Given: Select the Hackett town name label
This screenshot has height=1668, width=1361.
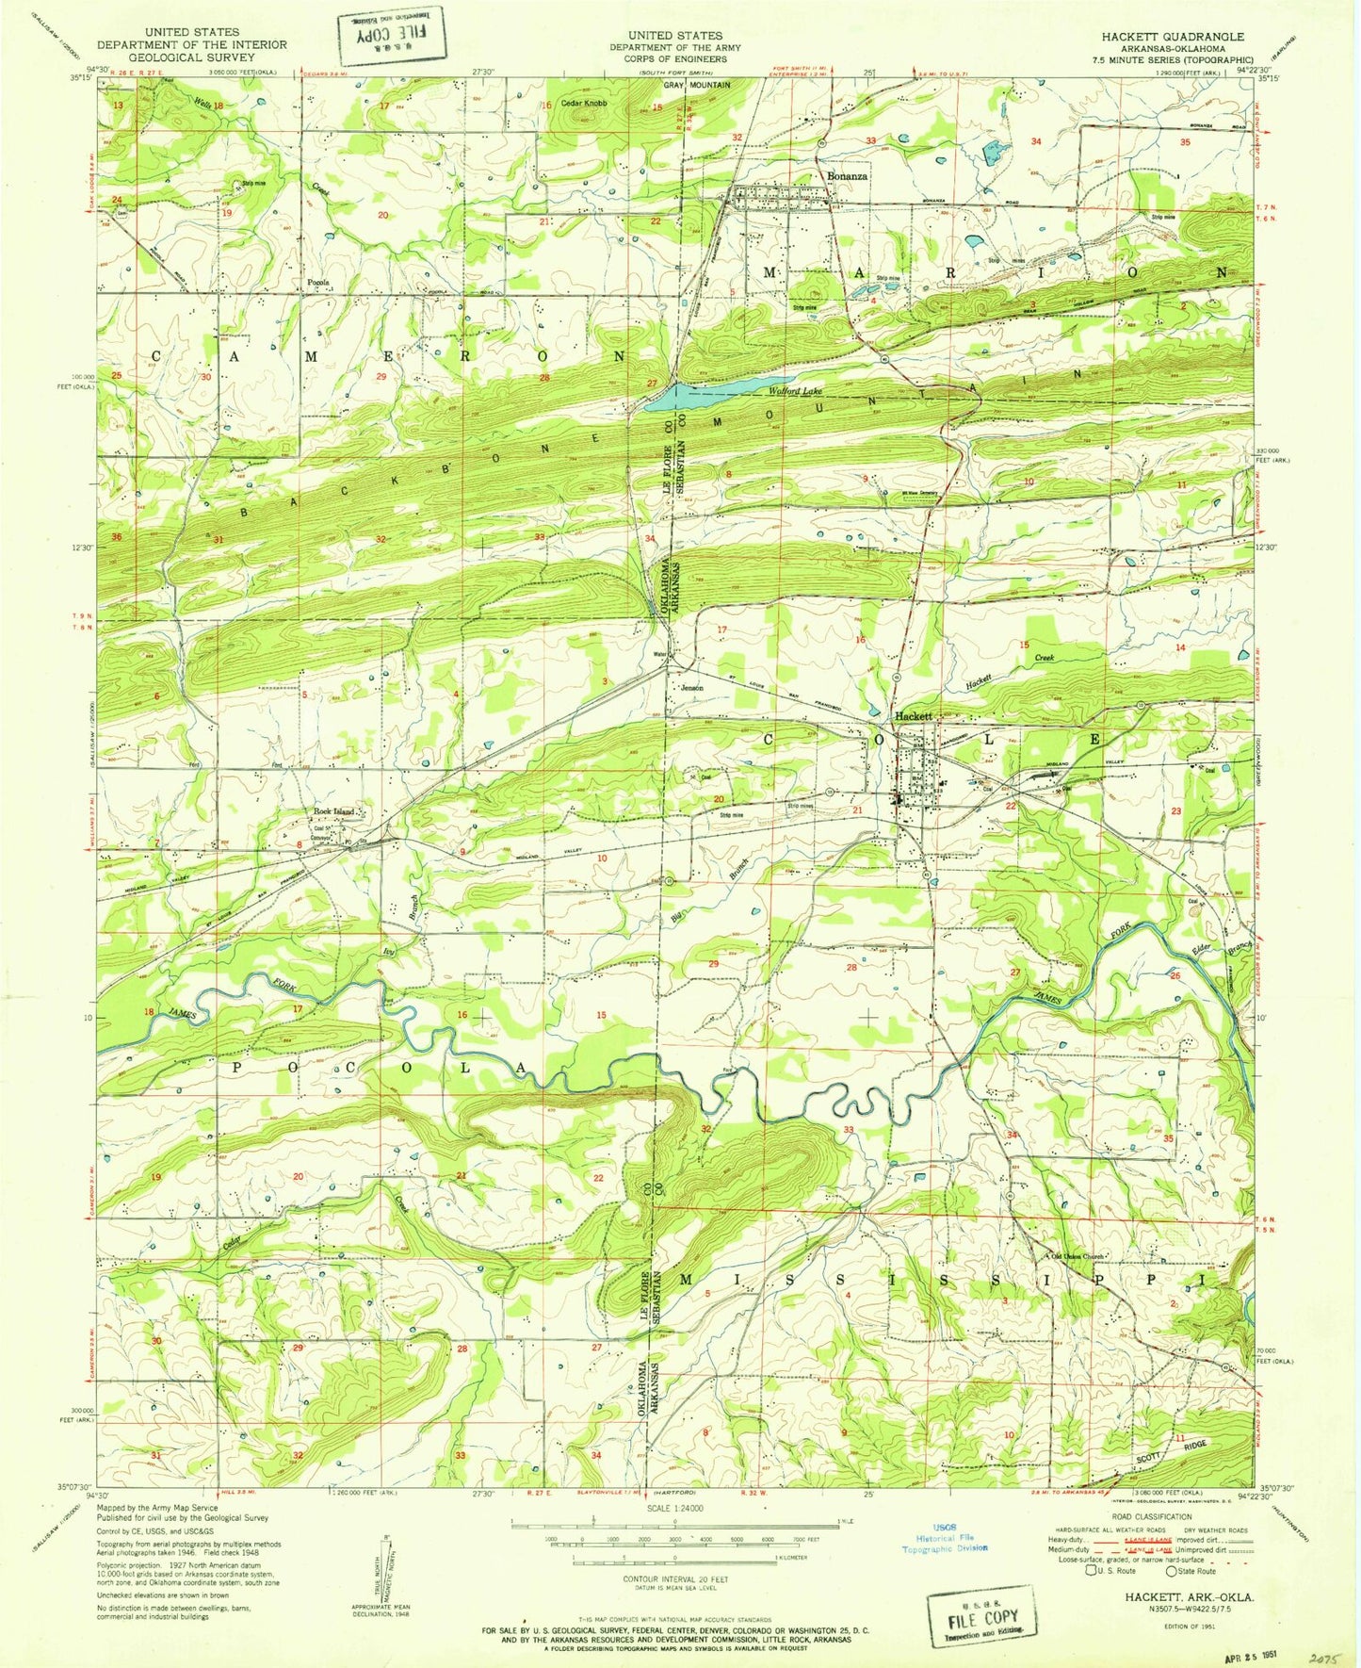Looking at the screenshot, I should (x=913, y=716).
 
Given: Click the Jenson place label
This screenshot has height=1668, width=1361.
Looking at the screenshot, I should (x=693, y=688).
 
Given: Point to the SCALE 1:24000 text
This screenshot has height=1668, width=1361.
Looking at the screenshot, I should (x=674, y=1508).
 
